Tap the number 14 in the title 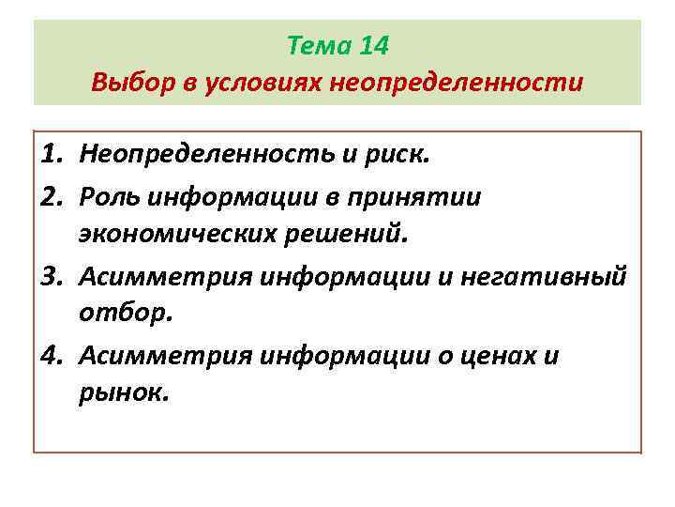pyautogui.click(x=370, y=46)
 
